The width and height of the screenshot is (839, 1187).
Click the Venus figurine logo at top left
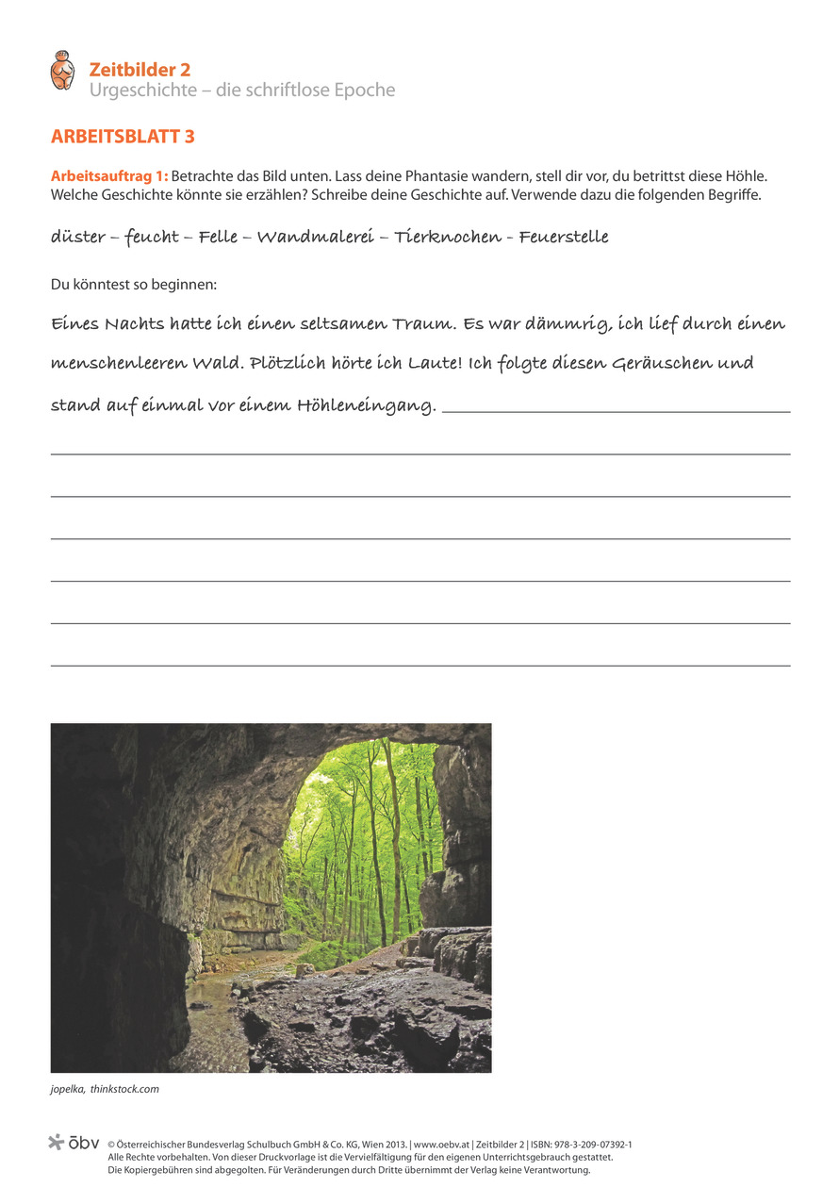click(x=62, y=71)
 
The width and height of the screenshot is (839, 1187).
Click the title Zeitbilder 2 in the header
click(x=140, y=69)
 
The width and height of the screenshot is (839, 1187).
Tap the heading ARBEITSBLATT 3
click(x=123, y=137)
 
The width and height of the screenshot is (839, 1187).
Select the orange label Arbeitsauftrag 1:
click(x=109, y=176)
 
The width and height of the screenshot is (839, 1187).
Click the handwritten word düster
click(x=78, y=237)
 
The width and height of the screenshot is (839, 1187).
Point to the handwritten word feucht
click(x=152, y=237)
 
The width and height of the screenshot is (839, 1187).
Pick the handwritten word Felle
click(x=218, y=237)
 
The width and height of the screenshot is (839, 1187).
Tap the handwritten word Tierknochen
click(x=448, y=237)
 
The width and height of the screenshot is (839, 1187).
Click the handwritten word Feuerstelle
click(x=563, y=237)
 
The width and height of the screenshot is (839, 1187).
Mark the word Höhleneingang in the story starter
click(x=366, y=406)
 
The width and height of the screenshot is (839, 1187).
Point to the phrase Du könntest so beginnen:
click(x=134, y=283)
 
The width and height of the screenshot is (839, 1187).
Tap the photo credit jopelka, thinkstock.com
click(x=105, y=1089)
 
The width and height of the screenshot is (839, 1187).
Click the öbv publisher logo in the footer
click(x=74, y=1143)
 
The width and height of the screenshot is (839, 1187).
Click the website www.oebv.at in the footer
click(x=442, y=1144)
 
